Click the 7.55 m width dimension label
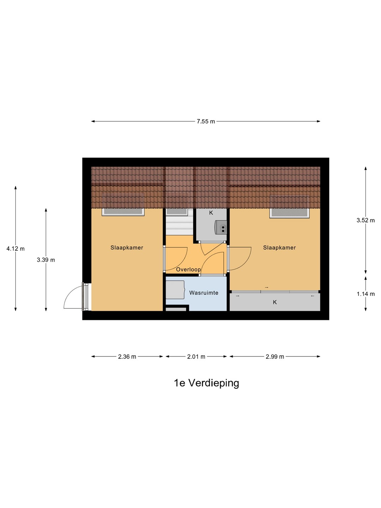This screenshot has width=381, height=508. tap(206, 121)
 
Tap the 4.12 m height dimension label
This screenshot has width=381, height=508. tap(16, 249)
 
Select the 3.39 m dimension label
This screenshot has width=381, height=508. tap(46, 260)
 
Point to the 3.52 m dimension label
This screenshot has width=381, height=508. tap(365, 220)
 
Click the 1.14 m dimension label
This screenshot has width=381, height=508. tap(365, 294)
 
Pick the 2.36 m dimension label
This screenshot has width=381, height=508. tap(127, 357)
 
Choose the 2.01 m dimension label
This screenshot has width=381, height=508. tap(196, 357)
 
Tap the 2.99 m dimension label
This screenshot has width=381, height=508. tap(275, 357)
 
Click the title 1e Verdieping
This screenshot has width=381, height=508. tap(206, 383)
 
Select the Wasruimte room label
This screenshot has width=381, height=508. tap(204, 293)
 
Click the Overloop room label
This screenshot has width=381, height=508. tap(188, 270)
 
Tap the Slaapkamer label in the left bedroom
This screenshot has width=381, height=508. tap(127, 248)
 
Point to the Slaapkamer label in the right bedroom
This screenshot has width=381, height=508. tap(279, 248)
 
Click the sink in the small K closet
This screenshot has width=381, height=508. tap(221, 227)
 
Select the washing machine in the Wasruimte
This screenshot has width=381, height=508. tap(175, 290)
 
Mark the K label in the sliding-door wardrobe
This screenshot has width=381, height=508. tap(275, 302)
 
